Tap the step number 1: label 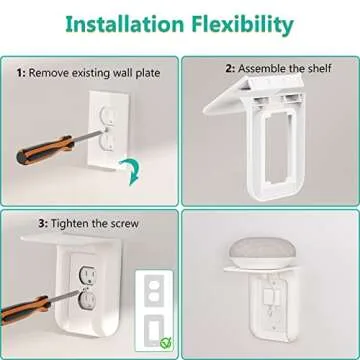pos(20,72)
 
